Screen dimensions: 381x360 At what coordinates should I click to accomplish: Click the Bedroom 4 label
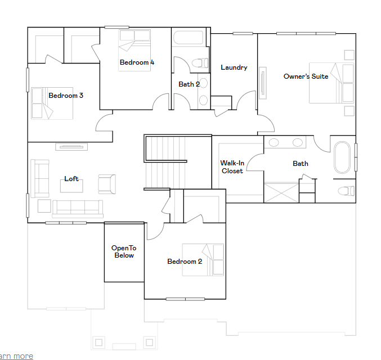(x=137, y=62)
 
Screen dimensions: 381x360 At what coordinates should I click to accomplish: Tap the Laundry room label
(x=234, y=67)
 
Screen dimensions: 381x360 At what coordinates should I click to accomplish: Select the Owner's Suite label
(x=306, y=76)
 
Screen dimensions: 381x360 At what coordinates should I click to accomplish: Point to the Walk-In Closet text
(x=232, y=167)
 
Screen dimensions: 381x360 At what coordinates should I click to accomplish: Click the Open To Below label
(x=124, y=251)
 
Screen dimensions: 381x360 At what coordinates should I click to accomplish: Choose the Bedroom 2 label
(x=185, y=262)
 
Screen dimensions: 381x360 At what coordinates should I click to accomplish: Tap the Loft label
(x=71, y=178)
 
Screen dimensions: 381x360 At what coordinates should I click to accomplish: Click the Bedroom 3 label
(x=66, y=96)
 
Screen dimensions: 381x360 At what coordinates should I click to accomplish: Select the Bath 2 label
(x=189, y=84)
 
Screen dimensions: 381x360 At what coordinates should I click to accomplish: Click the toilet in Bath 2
(x=200, y=63)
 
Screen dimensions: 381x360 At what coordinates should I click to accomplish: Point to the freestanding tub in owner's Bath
(x=342, y=157)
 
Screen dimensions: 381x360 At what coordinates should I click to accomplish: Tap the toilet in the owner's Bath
(x=346, y=191)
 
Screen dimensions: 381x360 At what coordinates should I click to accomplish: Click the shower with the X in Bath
(x=281, y=192)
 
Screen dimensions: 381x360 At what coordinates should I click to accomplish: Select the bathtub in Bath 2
(x=189, y=38)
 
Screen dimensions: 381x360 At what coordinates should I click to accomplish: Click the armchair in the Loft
(x=107, y=184)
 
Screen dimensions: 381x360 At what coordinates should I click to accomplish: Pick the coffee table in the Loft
(x=71, y=186)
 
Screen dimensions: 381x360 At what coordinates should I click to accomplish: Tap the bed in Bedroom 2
(x=203, y=260)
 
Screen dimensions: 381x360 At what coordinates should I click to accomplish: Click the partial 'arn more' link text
(x=16, y=357)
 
